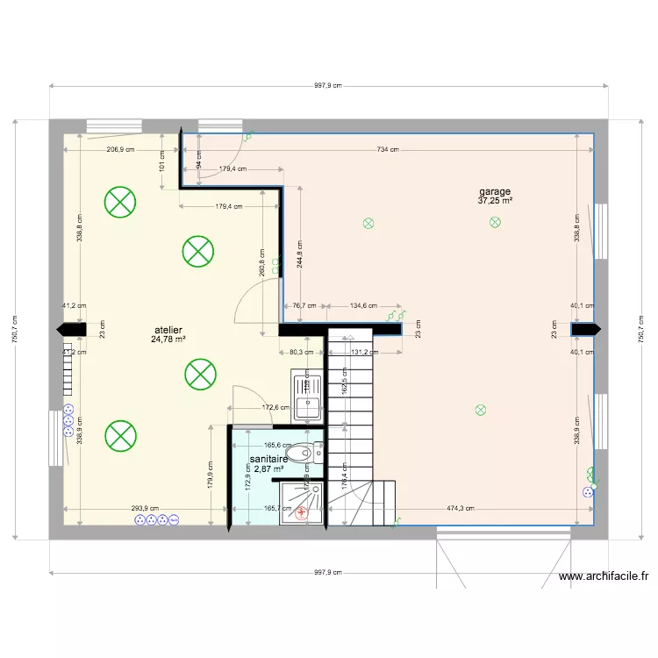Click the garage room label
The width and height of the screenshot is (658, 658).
click(494, 191)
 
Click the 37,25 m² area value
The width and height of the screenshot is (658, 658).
click(495, 201)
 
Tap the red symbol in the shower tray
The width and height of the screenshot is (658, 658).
click(302, 515)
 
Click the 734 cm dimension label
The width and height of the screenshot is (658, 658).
click(388, 149)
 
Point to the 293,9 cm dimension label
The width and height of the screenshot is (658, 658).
click(145, 508)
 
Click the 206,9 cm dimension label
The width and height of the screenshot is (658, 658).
click(120, 149)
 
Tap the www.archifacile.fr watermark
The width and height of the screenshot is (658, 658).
click(603, 576)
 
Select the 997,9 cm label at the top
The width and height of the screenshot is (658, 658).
click(327, 86)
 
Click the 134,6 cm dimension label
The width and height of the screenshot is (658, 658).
click(363, 306)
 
